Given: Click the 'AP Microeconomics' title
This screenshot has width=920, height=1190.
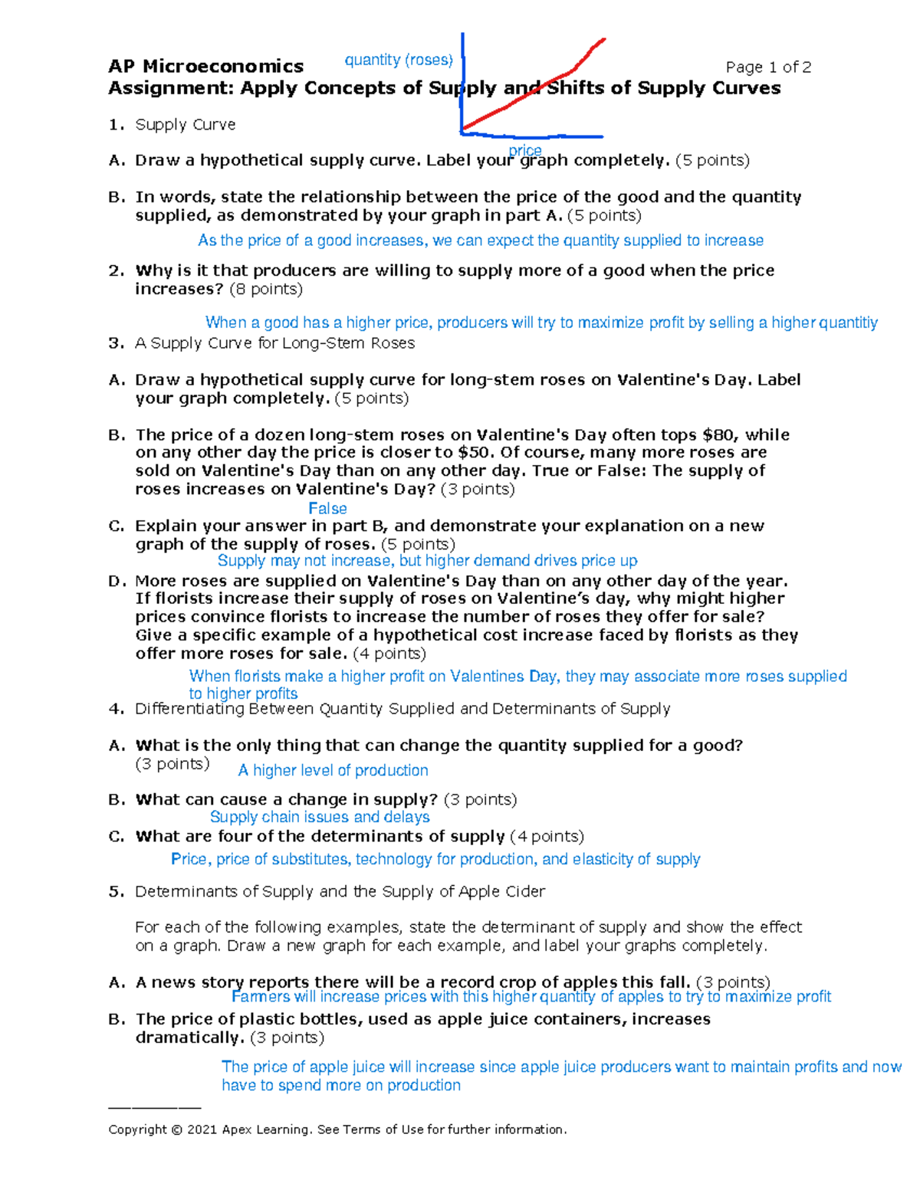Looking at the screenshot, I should [205, 67].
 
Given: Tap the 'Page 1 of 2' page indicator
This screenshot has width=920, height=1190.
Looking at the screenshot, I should [768, 67].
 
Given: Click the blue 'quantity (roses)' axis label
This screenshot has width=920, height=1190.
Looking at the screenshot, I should [399, 60].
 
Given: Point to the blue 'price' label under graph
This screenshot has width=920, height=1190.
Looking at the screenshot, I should [525, 150].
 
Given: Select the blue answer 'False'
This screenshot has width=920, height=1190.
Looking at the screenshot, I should [327, 509].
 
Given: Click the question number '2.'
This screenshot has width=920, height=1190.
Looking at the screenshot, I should [116, 270].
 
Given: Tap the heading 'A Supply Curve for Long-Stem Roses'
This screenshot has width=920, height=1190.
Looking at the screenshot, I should [274, 343].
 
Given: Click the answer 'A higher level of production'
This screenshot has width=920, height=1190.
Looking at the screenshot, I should [333, 771].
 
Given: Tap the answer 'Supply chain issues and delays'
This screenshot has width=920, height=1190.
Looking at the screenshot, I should [320, 818].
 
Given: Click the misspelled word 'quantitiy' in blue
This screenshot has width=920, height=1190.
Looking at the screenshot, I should [849, 323].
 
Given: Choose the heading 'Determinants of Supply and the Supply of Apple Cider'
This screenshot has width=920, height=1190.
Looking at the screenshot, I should [340, 892].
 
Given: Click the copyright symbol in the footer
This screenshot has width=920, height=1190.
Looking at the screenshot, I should [177, 1130].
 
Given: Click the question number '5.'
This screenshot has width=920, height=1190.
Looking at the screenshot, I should [116, 892].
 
